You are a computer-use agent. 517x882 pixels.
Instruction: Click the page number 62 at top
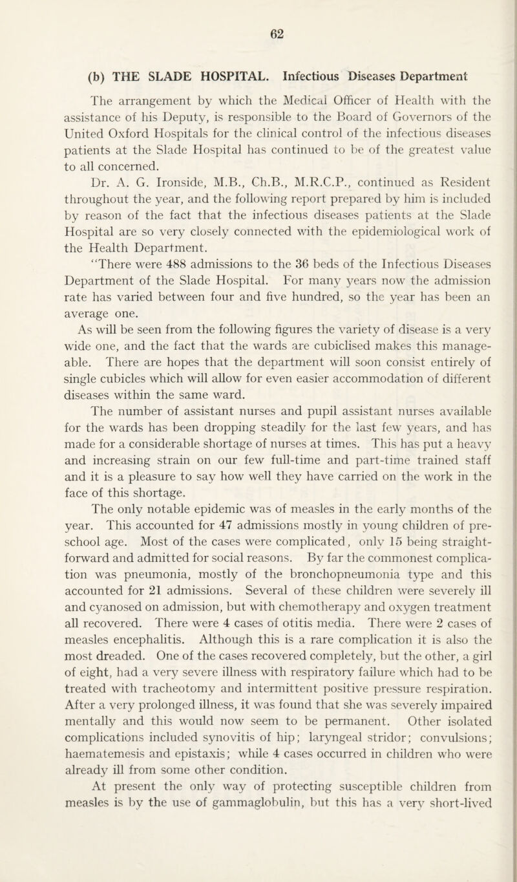[258, 29]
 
